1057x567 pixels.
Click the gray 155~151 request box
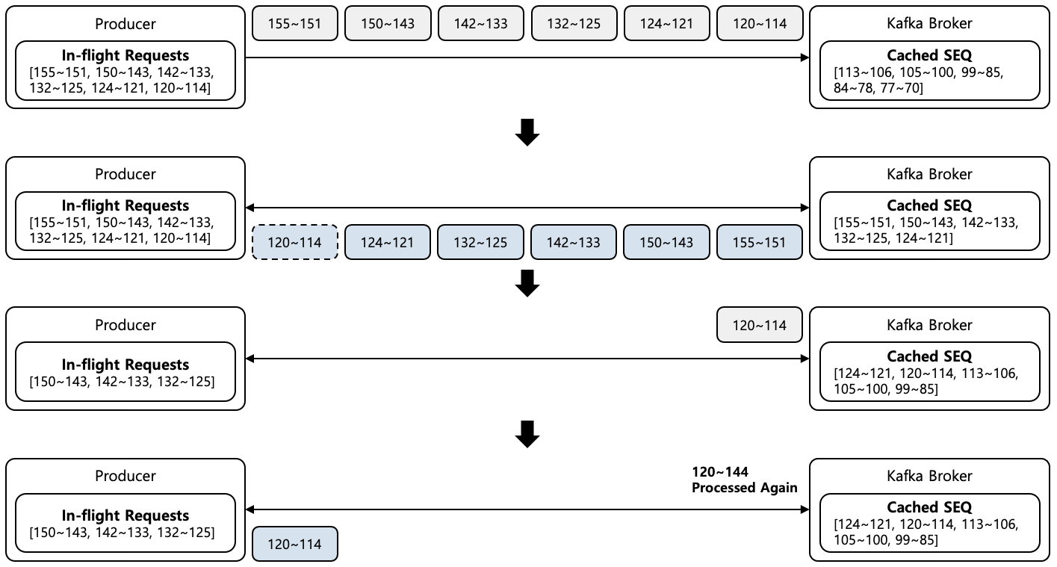click(x=295, y=23)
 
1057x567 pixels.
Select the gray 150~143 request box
click(x=388, y=23)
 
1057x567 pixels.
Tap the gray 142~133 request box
click(x=480, y=23)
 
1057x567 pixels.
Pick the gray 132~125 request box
click(x=574, y=23)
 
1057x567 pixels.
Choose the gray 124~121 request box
click(x=666, y=23)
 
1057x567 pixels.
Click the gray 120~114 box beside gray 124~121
click(x=759, y=23)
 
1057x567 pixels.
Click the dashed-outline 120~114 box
click(x=295, y=242)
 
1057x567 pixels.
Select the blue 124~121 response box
click(x=388, y=242)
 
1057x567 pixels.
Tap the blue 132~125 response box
click(x=480, y=242)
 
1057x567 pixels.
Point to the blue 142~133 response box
click(x=574, y=242)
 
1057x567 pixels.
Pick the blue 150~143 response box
click(x=666, y=242)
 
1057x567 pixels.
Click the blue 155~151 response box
click(x=759, y=242)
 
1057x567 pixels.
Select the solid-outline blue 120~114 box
click(x=295, y=544)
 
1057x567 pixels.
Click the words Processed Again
click(x=744, y=488)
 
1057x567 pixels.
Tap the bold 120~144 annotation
click(x=720, y=471)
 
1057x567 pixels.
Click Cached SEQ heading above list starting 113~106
click(x=929, y=55)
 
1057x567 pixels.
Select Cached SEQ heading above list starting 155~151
click(x=929, y=205)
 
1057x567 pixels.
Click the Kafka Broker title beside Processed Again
click(x=929, y=476)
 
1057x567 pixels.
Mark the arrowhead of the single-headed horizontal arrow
click(x=805, y=57)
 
